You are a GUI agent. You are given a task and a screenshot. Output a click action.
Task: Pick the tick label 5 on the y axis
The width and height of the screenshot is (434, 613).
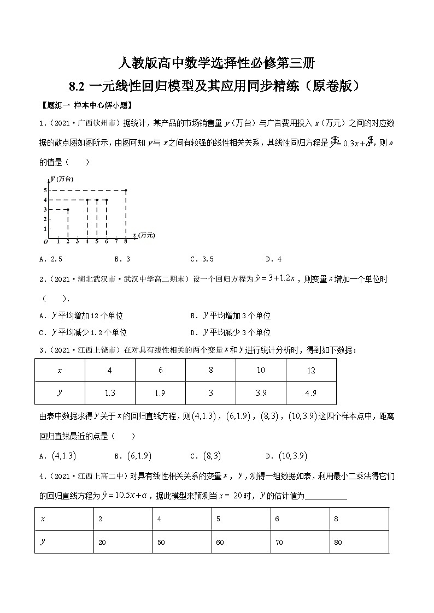pyautogui.click(x=45, y=190)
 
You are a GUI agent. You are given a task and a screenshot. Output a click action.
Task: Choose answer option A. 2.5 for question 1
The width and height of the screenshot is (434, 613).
pyautogui.click(x=54, y=259)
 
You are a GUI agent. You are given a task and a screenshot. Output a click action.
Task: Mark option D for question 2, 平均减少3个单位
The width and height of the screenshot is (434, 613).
pyautogui.click(x=230, y=332)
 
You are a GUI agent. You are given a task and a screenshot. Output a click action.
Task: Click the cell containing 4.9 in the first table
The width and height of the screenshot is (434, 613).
pyautogui.click(x=311, y=393)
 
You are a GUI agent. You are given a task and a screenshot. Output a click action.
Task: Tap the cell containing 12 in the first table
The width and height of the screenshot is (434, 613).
pyautogui.click(x=311, y=371)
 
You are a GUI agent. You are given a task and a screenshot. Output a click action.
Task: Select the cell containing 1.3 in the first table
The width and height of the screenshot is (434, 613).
pyautogui.click(x=110, y=393)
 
